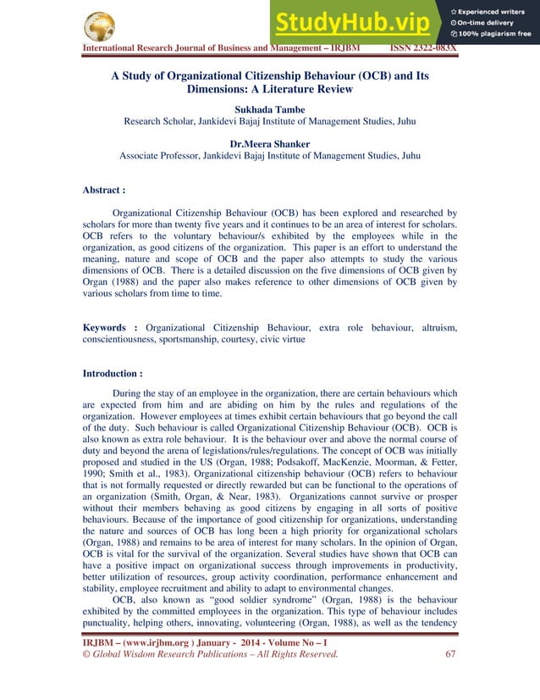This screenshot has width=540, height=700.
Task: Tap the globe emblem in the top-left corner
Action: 100,25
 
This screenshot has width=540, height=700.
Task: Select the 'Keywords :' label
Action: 110,327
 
